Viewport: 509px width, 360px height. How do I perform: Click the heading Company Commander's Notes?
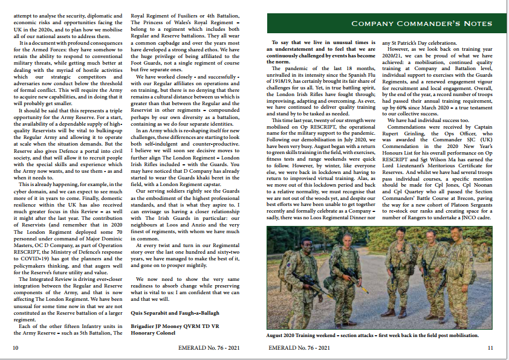pos(421,24)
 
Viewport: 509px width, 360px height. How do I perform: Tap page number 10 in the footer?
pos(15,348)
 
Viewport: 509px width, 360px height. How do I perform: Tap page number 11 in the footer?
pos(490,348)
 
